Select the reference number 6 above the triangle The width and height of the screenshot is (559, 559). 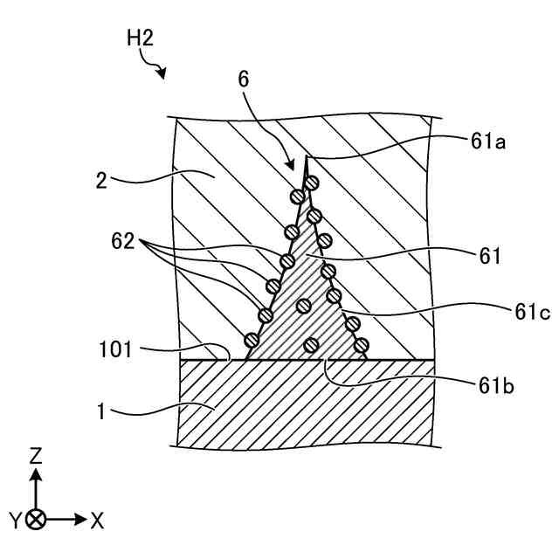[243, 79]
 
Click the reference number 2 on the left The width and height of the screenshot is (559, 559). [102, 182]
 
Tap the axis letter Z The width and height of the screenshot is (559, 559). [36, 456]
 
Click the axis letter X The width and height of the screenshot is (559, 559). [97, 521]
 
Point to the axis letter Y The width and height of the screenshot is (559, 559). [16, 521]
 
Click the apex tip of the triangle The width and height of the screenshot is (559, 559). [307, 158]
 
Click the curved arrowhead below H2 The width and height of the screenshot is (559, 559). [162, 75]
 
